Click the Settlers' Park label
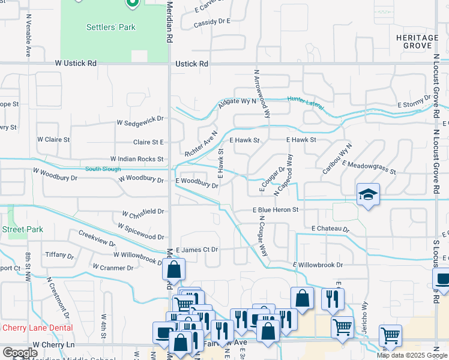(111, 27)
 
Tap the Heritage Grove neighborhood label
(414, 41)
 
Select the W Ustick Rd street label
(76, 63)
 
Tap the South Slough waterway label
(100, 169)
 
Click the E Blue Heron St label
(275, 210)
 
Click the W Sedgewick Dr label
(141, 121)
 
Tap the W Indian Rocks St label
(137, 159)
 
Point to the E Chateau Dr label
(330, 229)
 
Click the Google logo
(20, 353)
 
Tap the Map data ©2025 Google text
(412, 355)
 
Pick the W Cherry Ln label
(53, 345)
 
